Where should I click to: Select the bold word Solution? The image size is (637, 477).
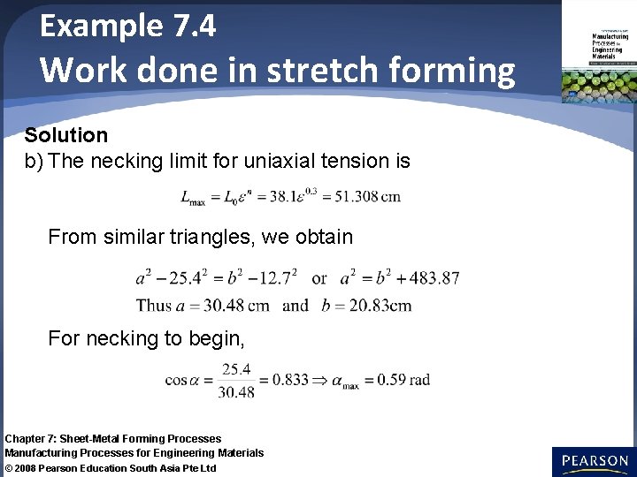coord(66,135)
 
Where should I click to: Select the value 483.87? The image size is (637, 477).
coord(434,278)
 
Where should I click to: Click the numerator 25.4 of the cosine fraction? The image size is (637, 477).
coord(236,369)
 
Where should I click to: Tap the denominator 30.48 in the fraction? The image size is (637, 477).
coord(236,391)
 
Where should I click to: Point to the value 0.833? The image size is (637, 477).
coord(290,381)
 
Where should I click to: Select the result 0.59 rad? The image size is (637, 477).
coord(403,381)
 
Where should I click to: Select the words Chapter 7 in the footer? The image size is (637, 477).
coord(27,438)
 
